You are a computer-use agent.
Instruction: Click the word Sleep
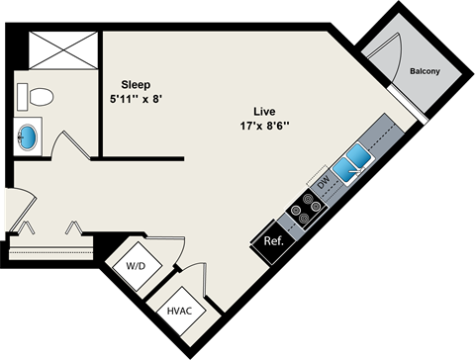137,84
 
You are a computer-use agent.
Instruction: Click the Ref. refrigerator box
274,241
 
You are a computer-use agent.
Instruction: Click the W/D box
135,266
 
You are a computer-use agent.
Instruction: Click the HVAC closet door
201,282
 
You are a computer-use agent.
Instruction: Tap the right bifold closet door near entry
73,229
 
